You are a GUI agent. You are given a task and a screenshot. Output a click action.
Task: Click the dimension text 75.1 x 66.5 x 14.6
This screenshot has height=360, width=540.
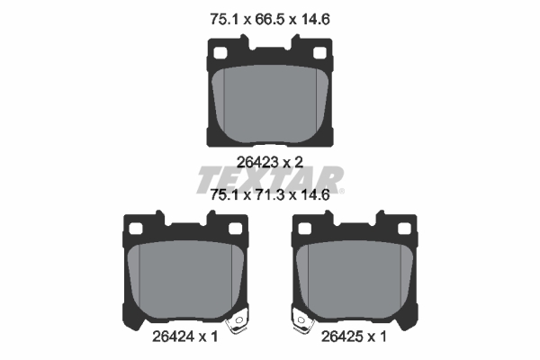click(270, 19)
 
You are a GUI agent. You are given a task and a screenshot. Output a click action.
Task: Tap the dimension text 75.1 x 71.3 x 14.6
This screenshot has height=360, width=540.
click(270, 195)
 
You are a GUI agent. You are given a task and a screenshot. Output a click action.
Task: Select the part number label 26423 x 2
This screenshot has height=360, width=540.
click(270, 162)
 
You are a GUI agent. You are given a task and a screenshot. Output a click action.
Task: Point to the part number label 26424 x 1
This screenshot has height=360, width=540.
click(185, 337)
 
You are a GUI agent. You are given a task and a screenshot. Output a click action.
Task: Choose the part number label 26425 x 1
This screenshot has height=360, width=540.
click(354, 337)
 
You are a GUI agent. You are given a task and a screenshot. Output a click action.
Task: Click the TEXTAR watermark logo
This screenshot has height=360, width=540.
click(270, 180)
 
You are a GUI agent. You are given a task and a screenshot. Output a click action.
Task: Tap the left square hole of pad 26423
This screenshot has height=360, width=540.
click(220, 53)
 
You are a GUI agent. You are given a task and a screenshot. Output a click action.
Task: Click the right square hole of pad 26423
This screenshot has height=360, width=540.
click(319, 53)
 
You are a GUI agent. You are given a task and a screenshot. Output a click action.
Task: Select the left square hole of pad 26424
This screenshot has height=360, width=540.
click(136, 229)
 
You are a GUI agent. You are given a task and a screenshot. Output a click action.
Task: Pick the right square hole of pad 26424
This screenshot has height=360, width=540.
click(236, 229)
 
